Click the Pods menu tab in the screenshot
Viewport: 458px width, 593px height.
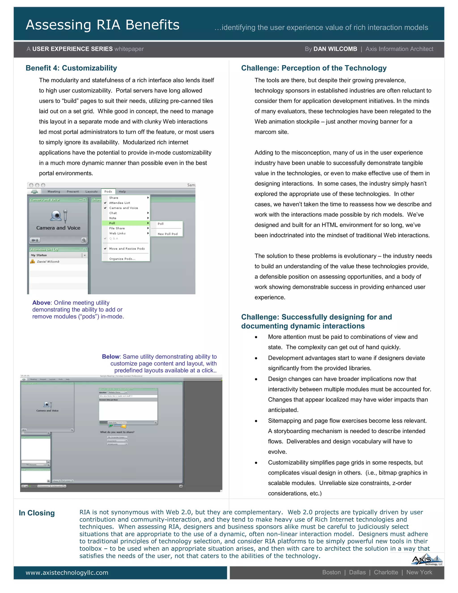point(108,191)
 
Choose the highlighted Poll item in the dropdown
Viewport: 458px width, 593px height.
point(112,223)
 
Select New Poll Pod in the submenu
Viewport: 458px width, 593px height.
point(168,234)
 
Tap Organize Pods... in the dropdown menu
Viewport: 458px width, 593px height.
point(122,259)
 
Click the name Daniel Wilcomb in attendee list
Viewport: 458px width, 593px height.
point(48,261)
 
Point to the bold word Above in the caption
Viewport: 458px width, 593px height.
point(41,303)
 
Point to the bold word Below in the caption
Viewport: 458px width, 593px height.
point(110,356)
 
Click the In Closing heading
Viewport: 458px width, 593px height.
point(37,513)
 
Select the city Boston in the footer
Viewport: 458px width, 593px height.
point(331,572)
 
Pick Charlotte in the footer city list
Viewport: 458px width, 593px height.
point(386,572)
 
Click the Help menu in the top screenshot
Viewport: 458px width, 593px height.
point(122,191)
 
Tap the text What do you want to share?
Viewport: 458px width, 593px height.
point(117,432)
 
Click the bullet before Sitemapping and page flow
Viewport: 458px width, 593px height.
point(256,421)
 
